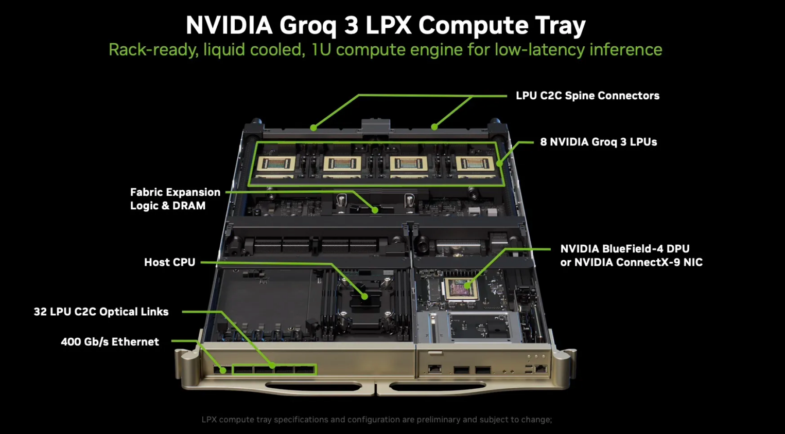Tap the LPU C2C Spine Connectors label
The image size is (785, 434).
click(x=587, y=96)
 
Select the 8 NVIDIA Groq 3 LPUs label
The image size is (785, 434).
click(x=598, y=142)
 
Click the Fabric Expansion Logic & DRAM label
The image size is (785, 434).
click(x=175, y=198)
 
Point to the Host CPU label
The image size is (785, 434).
click(x=169, y=262)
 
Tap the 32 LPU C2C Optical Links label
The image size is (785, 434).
click(x=101, y=312)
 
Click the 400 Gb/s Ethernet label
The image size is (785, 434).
click(x=110, y=342)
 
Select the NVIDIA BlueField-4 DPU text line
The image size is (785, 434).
click(x=624, y=249)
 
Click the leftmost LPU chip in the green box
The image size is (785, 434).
click(x=276, y=164)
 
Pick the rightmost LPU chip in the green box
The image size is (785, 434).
click(x=474, y=164)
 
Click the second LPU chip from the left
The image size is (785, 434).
click(x=342, y=164)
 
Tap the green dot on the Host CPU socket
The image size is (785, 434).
click(x=364, y=297)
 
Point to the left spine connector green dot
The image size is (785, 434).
click(x=313, y=128)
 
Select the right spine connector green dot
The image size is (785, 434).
click(x=434, y=126)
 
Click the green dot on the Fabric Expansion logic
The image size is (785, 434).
click(x=375, y=210)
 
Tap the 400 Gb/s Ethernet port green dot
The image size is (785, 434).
click(x=223, y=370)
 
